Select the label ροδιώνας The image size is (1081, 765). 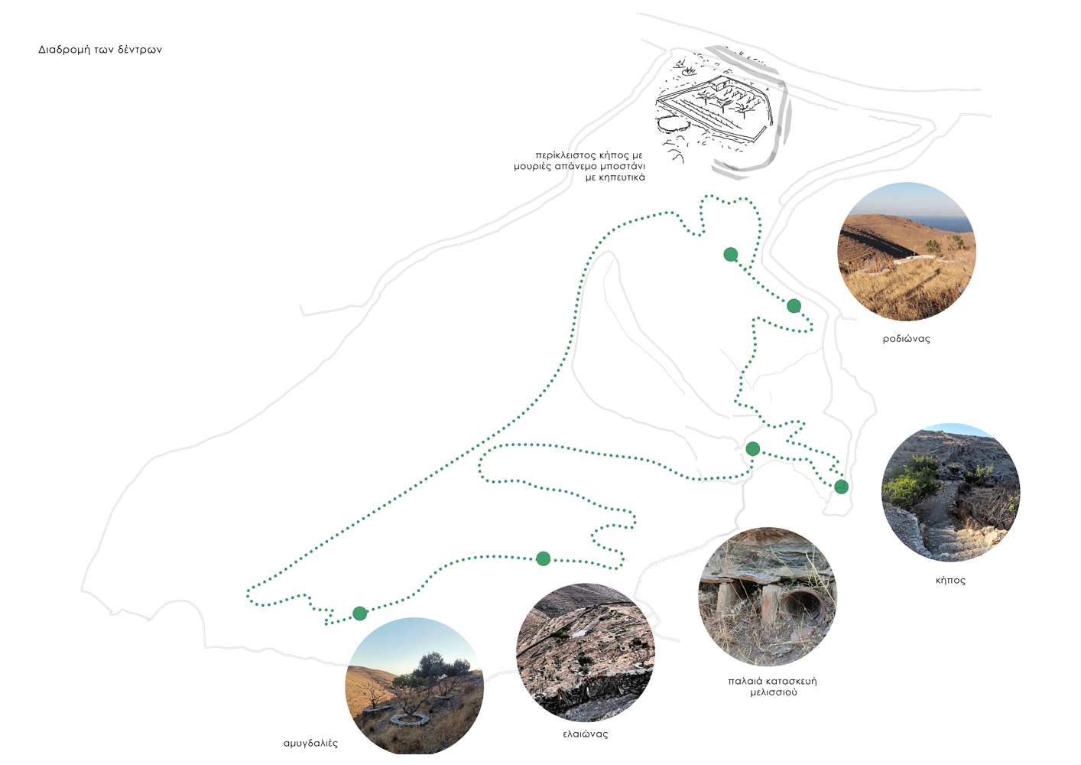906,339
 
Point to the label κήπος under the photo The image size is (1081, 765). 950,581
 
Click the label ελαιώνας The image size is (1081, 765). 586,734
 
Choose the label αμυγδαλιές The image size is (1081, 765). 310,744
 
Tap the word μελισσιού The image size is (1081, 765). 774,692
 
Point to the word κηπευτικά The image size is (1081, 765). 622,177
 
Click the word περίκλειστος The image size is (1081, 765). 565,155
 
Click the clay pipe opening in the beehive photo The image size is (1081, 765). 802,604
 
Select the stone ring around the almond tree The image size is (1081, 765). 410,719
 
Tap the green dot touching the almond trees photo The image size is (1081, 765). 359,614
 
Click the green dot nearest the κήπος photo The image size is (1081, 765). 841,487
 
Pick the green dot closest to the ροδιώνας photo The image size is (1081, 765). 794,306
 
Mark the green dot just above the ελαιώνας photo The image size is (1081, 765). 544,558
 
